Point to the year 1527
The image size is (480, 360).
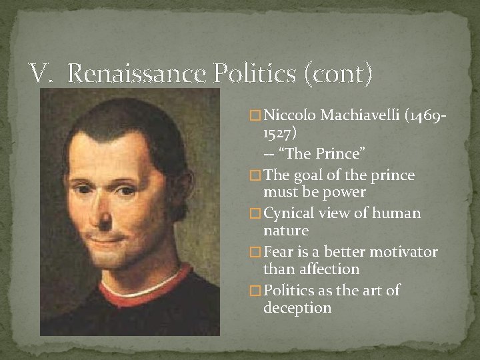278,133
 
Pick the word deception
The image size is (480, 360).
297,308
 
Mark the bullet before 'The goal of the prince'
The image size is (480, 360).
255,175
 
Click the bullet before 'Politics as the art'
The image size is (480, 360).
255,291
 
